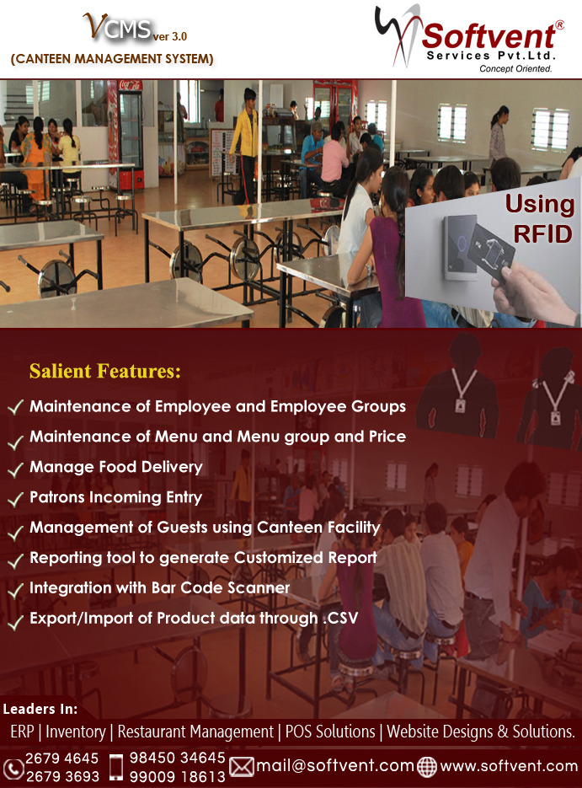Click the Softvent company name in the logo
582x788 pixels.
click(x=489, y=35)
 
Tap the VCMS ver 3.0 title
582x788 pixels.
click(x=135, y=28)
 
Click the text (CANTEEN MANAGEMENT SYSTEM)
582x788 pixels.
click(x=112, y=59)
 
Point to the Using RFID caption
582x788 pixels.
click(x=539, y=219)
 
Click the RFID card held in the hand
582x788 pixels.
click(x=490, y=251)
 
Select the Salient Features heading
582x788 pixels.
click(x=105, y=371)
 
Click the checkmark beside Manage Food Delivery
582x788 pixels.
click(x=15, y=469)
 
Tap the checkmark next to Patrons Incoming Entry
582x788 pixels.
click(x=15, y=499)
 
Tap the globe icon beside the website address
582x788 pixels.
click(x=427, y=767)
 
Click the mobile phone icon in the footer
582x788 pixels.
click(x=116, y=767)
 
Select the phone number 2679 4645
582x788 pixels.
click(x=61, y=758)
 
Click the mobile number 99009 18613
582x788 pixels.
click(x=177, y=776)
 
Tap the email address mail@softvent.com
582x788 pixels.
click(x=335, y=766)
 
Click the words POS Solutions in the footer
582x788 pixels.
click(x=330, y=732)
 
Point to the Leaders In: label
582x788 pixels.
click(x=40, y=709)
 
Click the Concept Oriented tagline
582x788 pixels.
click(x=515, y=69)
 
